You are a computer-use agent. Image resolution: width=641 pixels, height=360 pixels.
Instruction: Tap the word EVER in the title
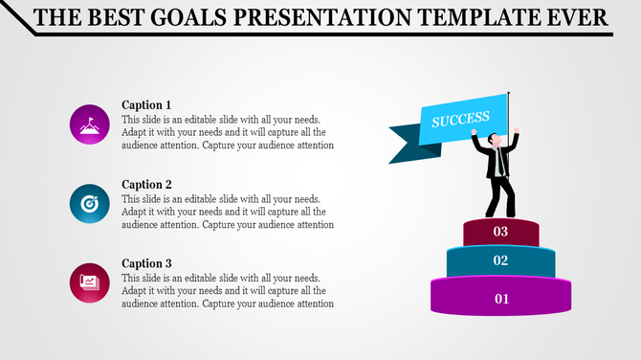pos(575,17)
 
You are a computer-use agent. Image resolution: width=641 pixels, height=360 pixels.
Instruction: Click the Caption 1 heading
pos(146,104)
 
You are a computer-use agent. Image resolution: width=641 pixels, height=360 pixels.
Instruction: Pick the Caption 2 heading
pos(146,184)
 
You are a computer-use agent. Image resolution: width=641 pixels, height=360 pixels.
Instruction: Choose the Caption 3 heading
pos(146,262)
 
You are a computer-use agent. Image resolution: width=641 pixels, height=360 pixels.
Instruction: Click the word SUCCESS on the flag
pos(460,120)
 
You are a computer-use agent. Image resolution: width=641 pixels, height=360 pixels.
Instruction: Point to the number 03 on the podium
pos(500,232)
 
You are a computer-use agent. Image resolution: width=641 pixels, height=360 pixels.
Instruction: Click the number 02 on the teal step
pos(500,260)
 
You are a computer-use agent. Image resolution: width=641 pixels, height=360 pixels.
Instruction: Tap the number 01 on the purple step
pos(501,299)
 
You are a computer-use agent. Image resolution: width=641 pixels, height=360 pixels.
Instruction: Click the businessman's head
pos(495,141)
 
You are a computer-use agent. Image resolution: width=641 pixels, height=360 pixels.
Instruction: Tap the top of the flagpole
pos(508,92)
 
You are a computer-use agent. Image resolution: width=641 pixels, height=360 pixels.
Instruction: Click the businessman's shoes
pos(498,214)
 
